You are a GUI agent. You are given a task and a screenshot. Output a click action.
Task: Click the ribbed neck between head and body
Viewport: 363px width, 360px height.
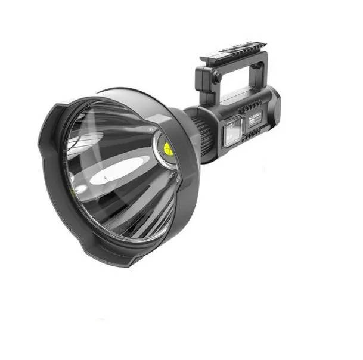point(198,134)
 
